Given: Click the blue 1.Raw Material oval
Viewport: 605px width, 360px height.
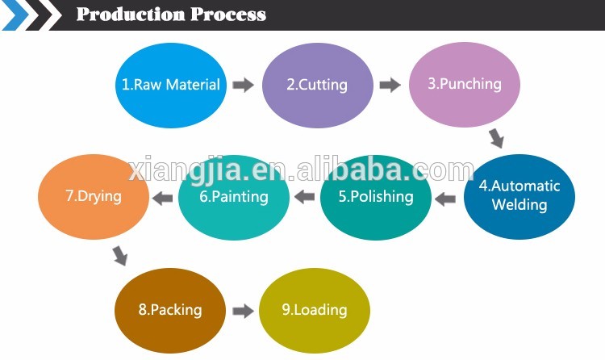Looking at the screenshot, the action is tap(171, 85).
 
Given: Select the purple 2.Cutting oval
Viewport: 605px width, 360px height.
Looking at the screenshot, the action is tap(318, 85).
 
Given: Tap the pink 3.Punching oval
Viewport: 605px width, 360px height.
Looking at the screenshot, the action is tap(465, 84).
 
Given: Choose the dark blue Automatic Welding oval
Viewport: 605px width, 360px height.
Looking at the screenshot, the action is tap(519, 196).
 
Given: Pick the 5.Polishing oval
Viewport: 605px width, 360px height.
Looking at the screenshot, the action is tap(376, 197).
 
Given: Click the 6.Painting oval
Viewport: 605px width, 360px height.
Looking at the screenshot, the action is tap(234, 197).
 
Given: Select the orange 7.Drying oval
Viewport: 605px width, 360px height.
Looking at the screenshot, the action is tap(94, 196).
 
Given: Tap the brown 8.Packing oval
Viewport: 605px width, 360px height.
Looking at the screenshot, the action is tap(170, 310).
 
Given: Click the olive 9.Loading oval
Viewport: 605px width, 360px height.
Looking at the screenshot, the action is tap(315, 310).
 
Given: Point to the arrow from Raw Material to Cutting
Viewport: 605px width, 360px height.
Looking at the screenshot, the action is tap(243, 85).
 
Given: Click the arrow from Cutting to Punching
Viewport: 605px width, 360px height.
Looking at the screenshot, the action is tap(390, 85).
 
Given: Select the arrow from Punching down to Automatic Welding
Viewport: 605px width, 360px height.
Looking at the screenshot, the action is tap(496, 138).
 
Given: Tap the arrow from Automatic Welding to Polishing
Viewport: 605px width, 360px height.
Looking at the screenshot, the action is tap(444, 199).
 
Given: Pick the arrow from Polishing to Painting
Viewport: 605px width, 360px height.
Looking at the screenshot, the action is tap(304, 197).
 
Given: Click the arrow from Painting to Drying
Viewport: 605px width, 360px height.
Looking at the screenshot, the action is tap(162, 198).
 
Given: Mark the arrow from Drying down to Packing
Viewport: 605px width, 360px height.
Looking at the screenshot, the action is tap(120, 256).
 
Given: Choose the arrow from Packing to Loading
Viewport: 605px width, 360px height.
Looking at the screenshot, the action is tap(243, 311).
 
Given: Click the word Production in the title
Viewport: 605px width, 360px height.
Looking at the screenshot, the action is tap(131, 15).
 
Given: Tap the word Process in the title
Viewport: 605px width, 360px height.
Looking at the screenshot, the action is tap(228, 15).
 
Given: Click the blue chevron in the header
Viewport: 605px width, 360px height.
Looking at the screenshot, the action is tap(15, 15).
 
